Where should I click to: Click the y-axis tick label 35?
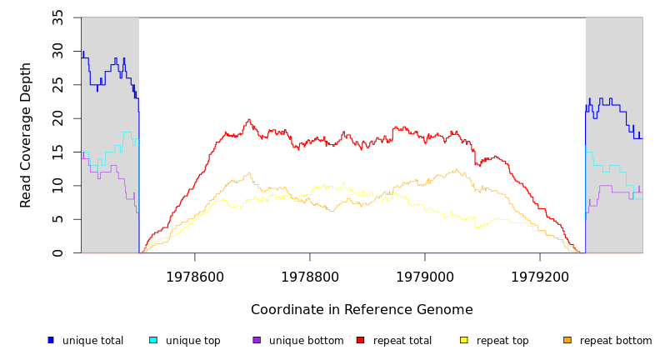pyautogui.click(x=57, y=17)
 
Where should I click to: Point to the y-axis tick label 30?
pyautogui.click(x=57, y=52)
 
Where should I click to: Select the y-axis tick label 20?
pyautogui.click(x=57, y=118)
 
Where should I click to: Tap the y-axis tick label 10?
pyautogui.click(x=57, y=186)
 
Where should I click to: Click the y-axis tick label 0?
pyautogui.click(x=57, y=252)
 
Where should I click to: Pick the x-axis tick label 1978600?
pyautogui.click(x=195, y=277)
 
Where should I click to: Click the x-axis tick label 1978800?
pyautogui.click(x=310, y=277)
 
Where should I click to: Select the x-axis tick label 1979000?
pyautogui.click(x=425, y=277)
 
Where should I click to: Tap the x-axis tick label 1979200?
pyautogui.click(x=540, y=277)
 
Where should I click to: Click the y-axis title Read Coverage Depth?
pyautogui.click(x=27, y=135)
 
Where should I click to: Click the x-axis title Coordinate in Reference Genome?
pyautogui.click(x=362, y=310)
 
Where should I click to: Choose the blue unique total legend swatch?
pyautogui.click(x=51, y=340)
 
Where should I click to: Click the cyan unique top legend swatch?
pyautogui.click(x=153, y=340)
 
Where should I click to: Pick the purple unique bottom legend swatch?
pyautogui.click(x=257, y=340)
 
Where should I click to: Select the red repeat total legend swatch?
pyautogui.click(x=360, y=340)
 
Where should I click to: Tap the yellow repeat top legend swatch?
pyautogui.click(x=464, y=340)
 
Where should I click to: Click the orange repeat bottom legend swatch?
pyautogui.click(x=567, y=340)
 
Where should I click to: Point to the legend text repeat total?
pyautogui.click(x=402, y=341)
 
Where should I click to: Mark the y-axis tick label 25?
pyautogui.click(x=57, y=85)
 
